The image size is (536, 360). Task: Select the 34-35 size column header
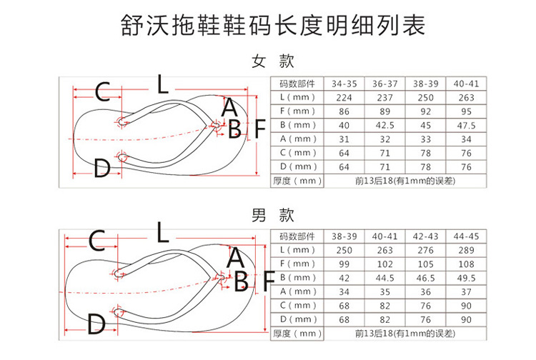tap(344, 84)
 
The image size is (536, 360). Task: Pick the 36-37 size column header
tap(385, 84)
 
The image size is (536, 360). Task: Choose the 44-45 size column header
tap(466, 236)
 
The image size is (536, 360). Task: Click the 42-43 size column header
tap(425, 236)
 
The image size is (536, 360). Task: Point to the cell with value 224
tap(344, 97)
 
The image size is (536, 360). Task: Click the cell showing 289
tap(466, 250)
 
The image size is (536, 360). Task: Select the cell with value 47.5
tap(466, 125)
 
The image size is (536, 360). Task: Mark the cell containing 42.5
tap(385, 125)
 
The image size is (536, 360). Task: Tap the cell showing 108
tap(466, 264)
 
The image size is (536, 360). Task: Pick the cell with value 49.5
tap(466, 278)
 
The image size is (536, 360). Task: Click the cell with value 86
tap(344, 111)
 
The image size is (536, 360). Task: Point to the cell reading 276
tap(425, 250)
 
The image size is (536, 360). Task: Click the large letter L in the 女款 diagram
tap(163, 86)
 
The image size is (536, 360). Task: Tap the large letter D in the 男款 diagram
tap(96, 326)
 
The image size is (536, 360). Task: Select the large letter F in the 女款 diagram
tap(260, 129)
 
